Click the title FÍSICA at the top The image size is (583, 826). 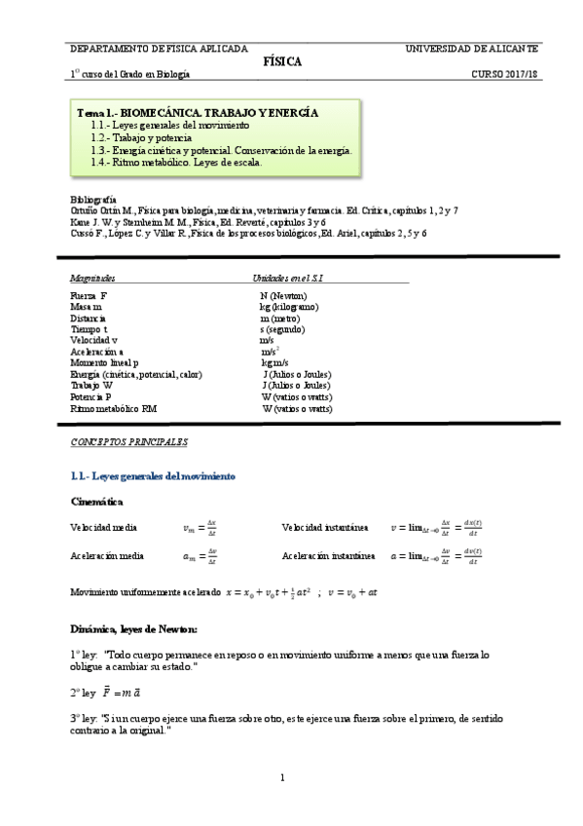[282, 61]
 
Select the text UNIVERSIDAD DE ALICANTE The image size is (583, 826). [473, 48]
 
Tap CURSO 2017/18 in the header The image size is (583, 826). [505, 74]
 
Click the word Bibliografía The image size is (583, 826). [93, 199]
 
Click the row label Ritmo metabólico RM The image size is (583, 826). [113, 409]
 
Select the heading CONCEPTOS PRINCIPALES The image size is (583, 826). [128, 442]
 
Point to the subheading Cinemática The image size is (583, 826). [97, 502]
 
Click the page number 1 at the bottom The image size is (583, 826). [282, 778]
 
